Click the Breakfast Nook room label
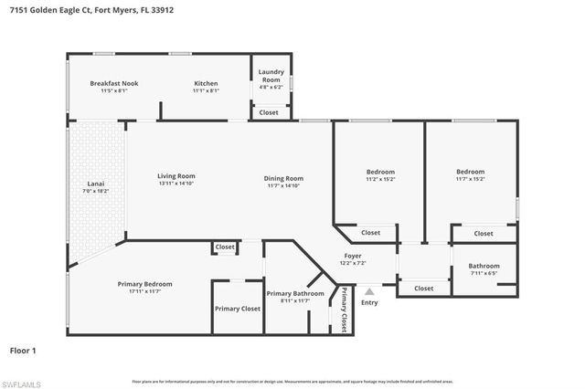(114, 83)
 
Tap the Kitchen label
(205, 83)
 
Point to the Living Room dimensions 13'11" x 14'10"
(176, 184)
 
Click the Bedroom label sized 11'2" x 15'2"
(380, 172)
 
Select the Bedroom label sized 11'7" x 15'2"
(471, 171)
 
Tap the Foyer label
(353, 255)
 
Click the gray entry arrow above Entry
(369, 291)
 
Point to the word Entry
(369, 302)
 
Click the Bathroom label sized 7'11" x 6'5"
(484, 266)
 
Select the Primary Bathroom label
(295, 293)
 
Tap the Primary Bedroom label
(144, 284)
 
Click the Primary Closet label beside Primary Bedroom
(238, 309)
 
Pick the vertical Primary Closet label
(345, 310)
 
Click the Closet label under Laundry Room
(269, 112)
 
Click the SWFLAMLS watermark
(20, 383)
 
